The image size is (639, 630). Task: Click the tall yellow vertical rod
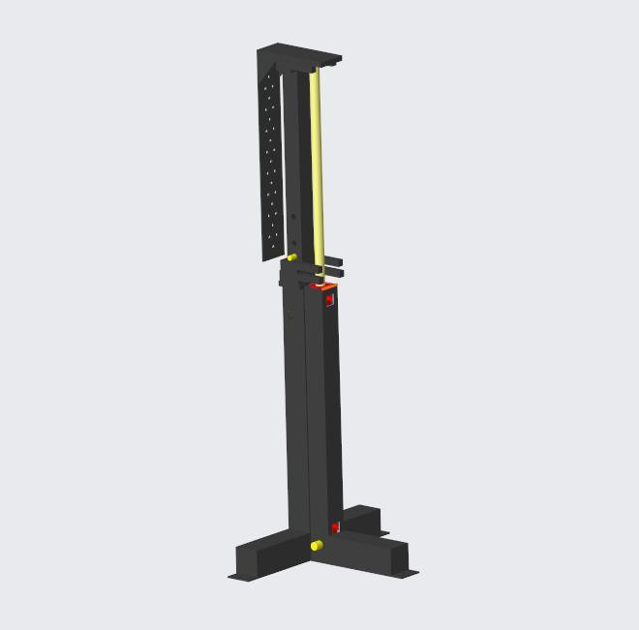(317, 165)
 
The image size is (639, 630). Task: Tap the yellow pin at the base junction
(316, 546)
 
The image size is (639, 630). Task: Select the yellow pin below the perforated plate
(291, 257)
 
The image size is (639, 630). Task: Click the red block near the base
(335, 527)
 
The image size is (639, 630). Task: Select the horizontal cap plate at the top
(300, 54)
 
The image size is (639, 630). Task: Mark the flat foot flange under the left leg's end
(235, 577)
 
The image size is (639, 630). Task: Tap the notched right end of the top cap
(335, 61)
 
